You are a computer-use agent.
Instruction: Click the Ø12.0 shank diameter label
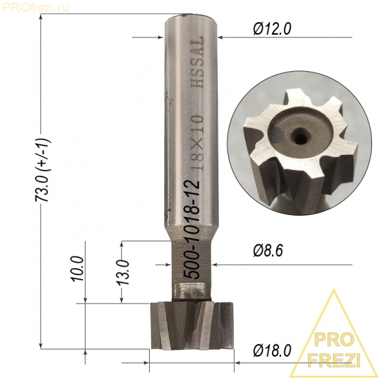272,29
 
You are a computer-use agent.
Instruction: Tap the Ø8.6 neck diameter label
268,251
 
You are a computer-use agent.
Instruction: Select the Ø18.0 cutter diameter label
272,350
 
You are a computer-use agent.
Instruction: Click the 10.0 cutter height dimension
78,269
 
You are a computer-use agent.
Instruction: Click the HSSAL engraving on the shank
197,62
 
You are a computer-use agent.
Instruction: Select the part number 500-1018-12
192,229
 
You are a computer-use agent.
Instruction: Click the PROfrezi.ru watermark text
36,8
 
